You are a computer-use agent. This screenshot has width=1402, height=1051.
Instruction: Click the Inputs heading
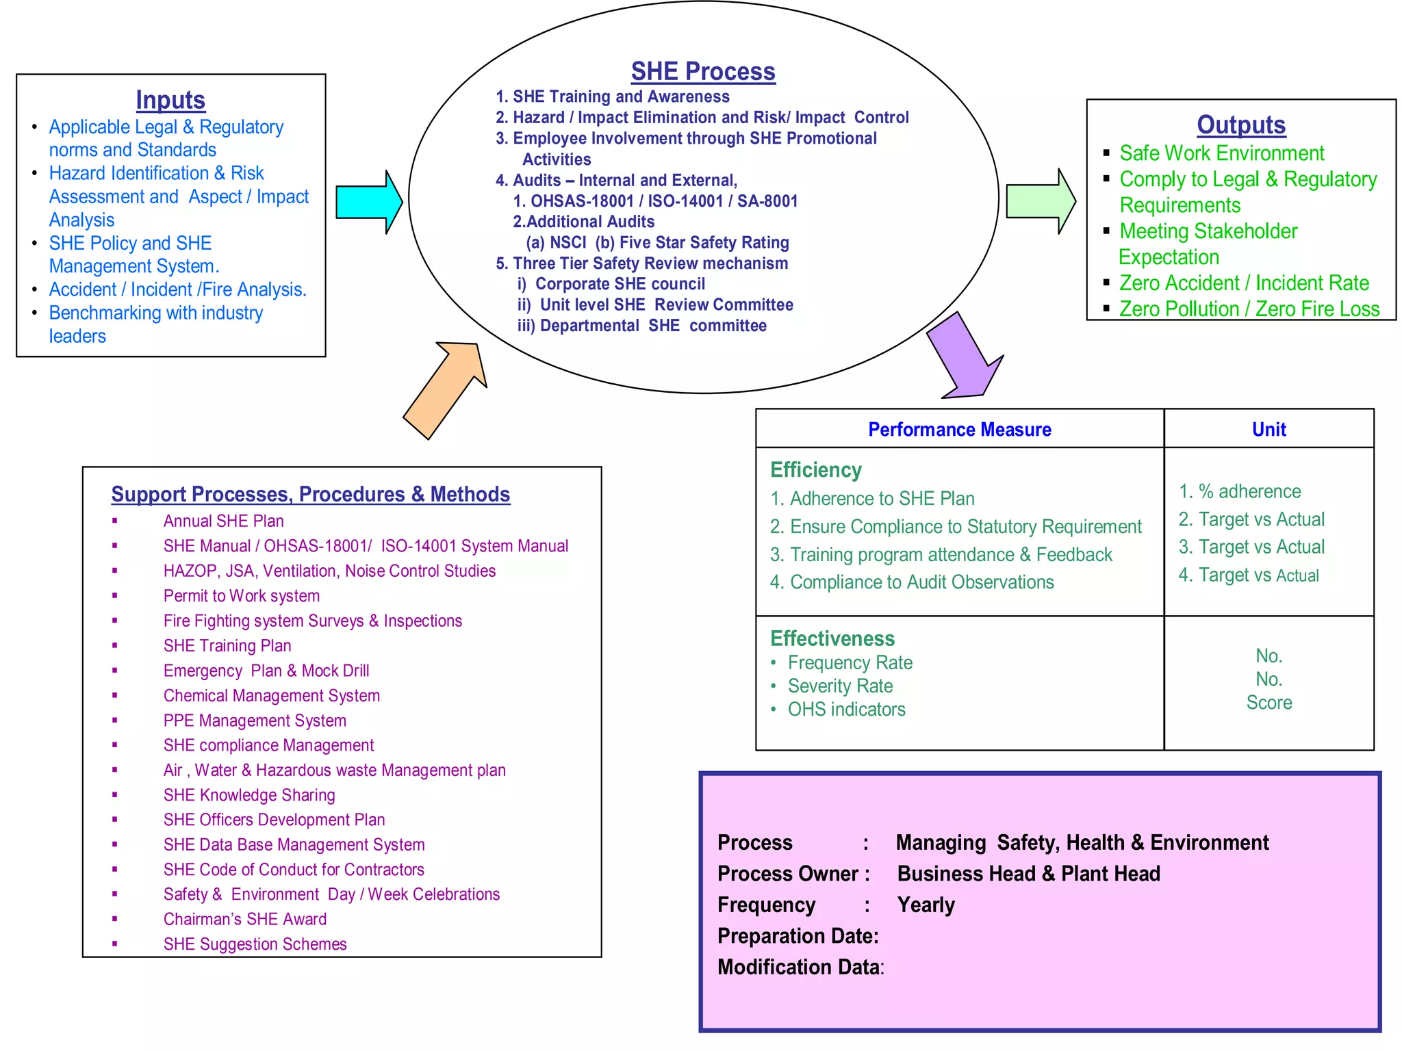[x=170, y=100]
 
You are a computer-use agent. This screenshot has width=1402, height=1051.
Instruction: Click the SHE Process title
[x=703, y=71]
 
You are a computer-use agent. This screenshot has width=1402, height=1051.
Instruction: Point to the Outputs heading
[x=1240, y=125]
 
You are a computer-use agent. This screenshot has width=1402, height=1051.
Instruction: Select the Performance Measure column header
[x=959, y=429]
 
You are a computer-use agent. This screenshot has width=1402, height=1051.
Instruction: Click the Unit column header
[x=1269, y=429]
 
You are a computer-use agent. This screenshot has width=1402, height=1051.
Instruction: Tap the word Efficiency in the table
[x=815, y=470]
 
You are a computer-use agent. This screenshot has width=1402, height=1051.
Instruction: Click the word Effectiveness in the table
[x=832, y=638]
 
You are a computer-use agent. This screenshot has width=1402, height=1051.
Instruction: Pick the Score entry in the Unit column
[x=1269, y=703]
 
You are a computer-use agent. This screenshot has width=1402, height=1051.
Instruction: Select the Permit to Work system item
[x=241, y=596]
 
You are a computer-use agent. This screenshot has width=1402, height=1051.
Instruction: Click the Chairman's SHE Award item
[x=244, y=919]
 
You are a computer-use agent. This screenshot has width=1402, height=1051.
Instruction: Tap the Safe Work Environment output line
[x=1221, y=153]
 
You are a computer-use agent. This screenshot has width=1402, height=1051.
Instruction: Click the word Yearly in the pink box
[x=926, y=905]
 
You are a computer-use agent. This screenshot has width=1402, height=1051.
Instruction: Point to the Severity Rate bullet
[x=840, y=686]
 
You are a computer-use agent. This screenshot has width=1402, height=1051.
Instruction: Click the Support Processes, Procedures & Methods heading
[x=310, y=494]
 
